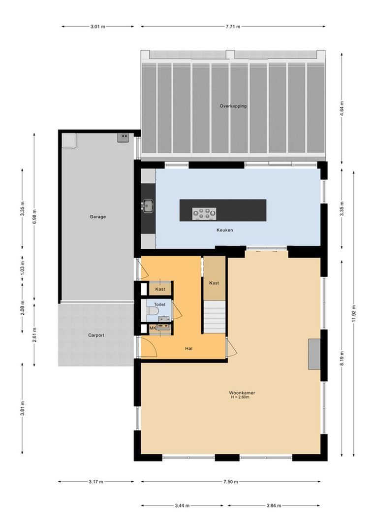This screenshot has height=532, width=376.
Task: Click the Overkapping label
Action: [233, 106]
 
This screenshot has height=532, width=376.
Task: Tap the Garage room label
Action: [97, 216]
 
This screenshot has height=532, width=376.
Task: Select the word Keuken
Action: [224, 230]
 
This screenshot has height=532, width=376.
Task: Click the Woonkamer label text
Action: [242, 393]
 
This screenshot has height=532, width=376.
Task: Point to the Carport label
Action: [96, 335]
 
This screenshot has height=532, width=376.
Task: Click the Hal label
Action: [188, 348]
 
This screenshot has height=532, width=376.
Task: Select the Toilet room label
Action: [160, 305]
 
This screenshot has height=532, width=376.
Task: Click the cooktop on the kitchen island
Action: [204, 213]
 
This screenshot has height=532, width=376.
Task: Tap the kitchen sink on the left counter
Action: [147, 204]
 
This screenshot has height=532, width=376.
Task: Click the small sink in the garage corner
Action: [123, 138]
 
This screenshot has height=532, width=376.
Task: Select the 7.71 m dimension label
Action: [233, 27]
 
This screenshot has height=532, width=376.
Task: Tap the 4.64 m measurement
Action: [342, 108]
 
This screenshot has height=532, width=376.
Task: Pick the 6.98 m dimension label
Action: [34, 217]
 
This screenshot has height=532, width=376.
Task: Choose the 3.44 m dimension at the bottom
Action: [182, 505]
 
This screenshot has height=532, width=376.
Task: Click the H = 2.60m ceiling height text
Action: [242, 398]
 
